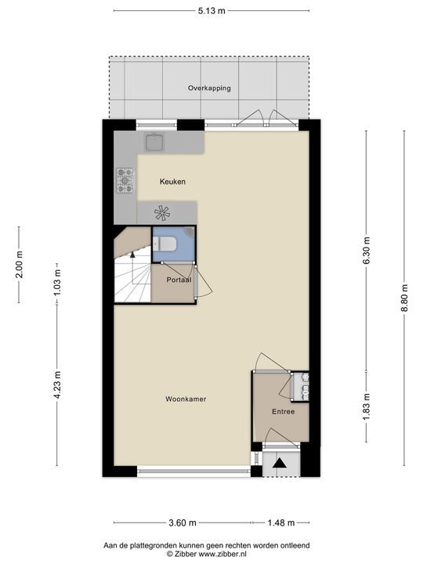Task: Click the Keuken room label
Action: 172,182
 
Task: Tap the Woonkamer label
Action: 186,399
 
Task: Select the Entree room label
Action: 283,411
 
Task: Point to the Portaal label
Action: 179,280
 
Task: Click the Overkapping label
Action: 209,88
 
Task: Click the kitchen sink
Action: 154,142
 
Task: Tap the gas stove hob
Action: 125,181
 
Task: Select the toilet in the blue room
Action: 164,244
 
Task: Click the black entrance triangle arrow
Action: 280,463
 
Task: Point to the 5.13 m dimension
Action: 211,11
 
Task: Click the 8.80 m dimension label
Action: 404,298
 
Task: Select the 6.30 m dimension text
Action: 366,251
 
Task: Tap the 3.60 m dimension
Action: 183,522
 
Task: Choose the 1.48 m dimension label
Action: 281,522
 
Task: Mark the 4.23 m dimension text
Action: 57,385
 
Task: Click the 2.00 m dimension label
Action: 19,264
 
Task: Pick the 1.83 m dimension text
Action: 366,407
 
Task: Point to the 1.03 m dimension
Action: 57,282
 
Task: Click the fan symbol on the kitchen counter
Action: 162,212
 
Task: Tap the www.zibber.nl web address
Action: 222,555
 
